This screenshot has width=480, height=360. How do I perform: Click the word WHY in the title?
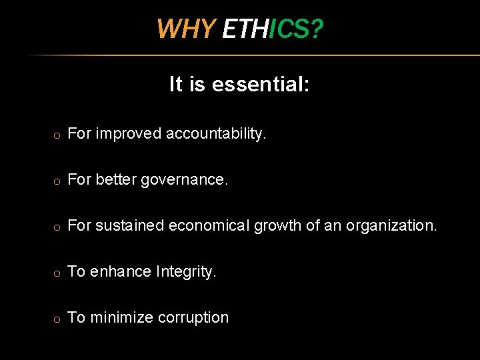186,29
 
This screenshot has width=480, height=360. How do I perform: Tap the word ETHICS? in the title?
273,29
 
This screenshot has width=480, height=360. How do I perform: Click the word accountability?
216,134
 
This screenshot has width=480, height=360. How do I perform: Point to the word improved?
129,134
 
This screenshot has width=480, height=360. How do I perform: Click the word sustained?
130,226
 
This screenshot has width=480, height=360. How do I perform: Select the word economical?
209,226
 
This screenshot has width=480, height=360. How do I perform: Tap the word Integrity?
186,272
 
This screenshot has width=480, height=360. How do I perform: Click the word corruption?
193,318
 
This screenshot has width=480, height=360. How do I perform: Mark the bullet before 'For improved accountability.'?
58,135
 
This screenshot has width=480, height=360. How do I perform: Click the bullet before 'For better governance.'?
58,181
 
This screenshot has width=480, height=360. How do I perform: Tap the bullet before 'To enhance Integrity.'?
58,273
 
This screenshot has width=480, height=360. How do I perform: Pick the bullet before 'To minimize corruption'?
58,319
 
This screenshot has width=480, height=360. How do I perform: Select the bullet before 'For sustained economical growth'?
58,227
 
